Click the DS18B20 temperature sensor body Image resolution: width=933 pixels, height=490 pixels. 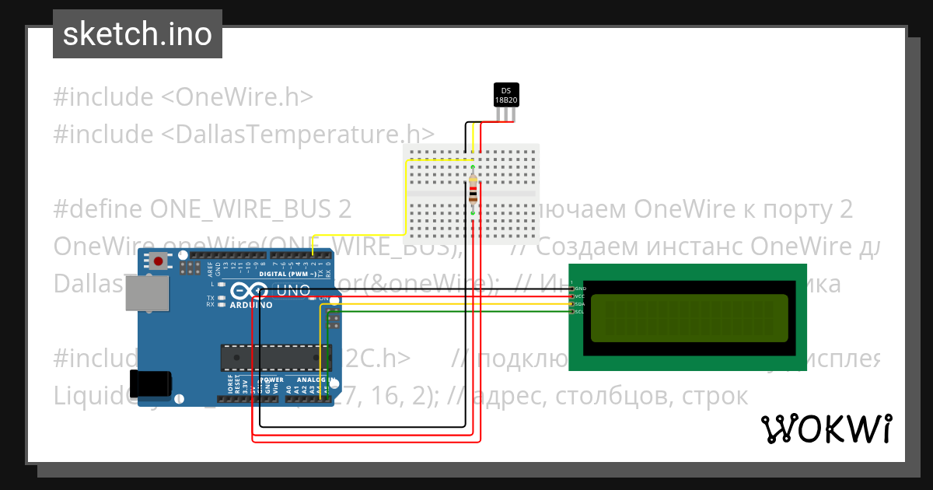tap(506, 95)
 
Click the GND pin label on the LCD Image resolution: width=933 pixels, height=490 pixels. tap(580, 289)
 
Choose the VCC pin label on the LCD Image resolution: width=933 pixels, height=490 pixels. tap(580, 296)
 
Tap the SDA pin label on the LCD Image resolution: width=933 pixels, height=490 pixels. tap(580, 304)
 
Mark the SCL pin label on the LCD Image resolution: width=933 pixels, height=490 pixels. tap(580, 312)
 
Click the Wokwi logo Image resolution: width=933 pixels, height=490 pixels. tap(826, 429)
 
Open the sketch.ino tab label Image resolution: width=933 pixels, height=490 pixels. tap(138, 34)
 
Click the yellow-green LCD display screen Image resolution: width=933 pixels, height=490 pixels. tap(689, 319)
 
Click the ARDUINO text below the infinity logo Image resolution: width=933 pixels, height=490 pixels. tap(251, 305)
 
